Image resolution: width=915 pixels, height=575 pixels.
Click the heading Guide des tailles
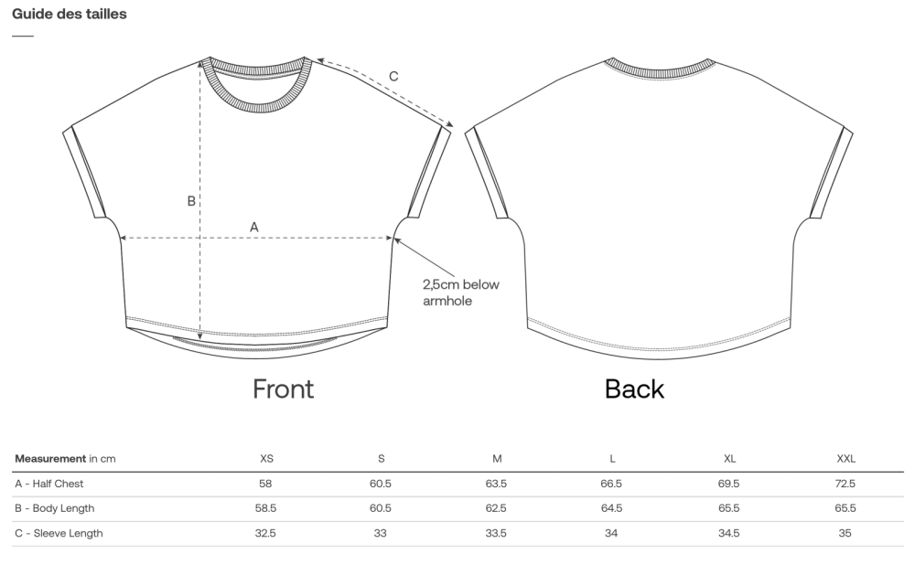pos(70,14)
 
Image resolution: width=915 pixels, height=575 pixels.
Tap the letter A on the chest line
pos(253,227)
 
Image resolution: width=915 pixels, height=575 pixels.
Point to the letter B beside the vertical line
pos(191,201)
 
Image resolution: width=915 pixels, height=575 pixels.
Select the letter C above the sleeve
pos(393,77)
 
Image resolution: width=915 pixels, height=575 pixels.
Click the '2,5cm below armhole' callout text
pos(461,293)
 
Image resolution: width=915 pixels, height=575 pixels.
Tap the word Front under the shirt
pos(283,389)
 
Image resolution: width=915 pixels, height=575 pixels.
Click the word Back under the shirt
pos(634,389)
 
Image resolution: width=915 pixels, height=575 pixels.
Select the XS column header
pos(266,459)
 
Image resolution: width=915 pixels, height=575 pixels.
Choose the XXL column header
pos(845,459)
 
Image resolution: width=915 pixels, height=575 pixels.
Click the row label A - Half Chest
pos(49,484)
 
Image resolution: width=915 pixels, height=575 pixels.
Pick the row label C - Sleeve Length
pos(59,533)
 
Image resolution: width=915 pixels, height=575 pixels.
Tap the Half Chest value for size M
pos(496,484)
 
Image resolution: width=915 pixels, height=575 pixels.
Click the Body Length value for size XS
pos(265,508)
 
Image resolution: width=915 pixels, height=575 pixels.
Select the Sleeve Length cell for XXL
pos(845,533)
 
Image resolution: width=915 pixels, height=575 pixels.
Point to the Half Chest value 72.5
pos(845,484)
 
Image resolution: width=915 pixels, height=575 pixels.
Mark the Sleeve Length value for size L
pos(611,533)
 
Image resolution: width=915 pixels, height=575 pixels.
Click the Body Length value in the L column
pos(611,508)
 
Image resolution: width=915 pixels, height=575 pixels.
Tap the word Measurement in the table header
pos(50,459)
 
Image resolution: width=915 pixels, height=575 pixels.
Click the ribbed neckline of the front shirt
pos(257,107)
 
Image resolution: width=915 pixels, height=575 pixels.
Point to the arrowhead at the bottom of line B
pos(200,336)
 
